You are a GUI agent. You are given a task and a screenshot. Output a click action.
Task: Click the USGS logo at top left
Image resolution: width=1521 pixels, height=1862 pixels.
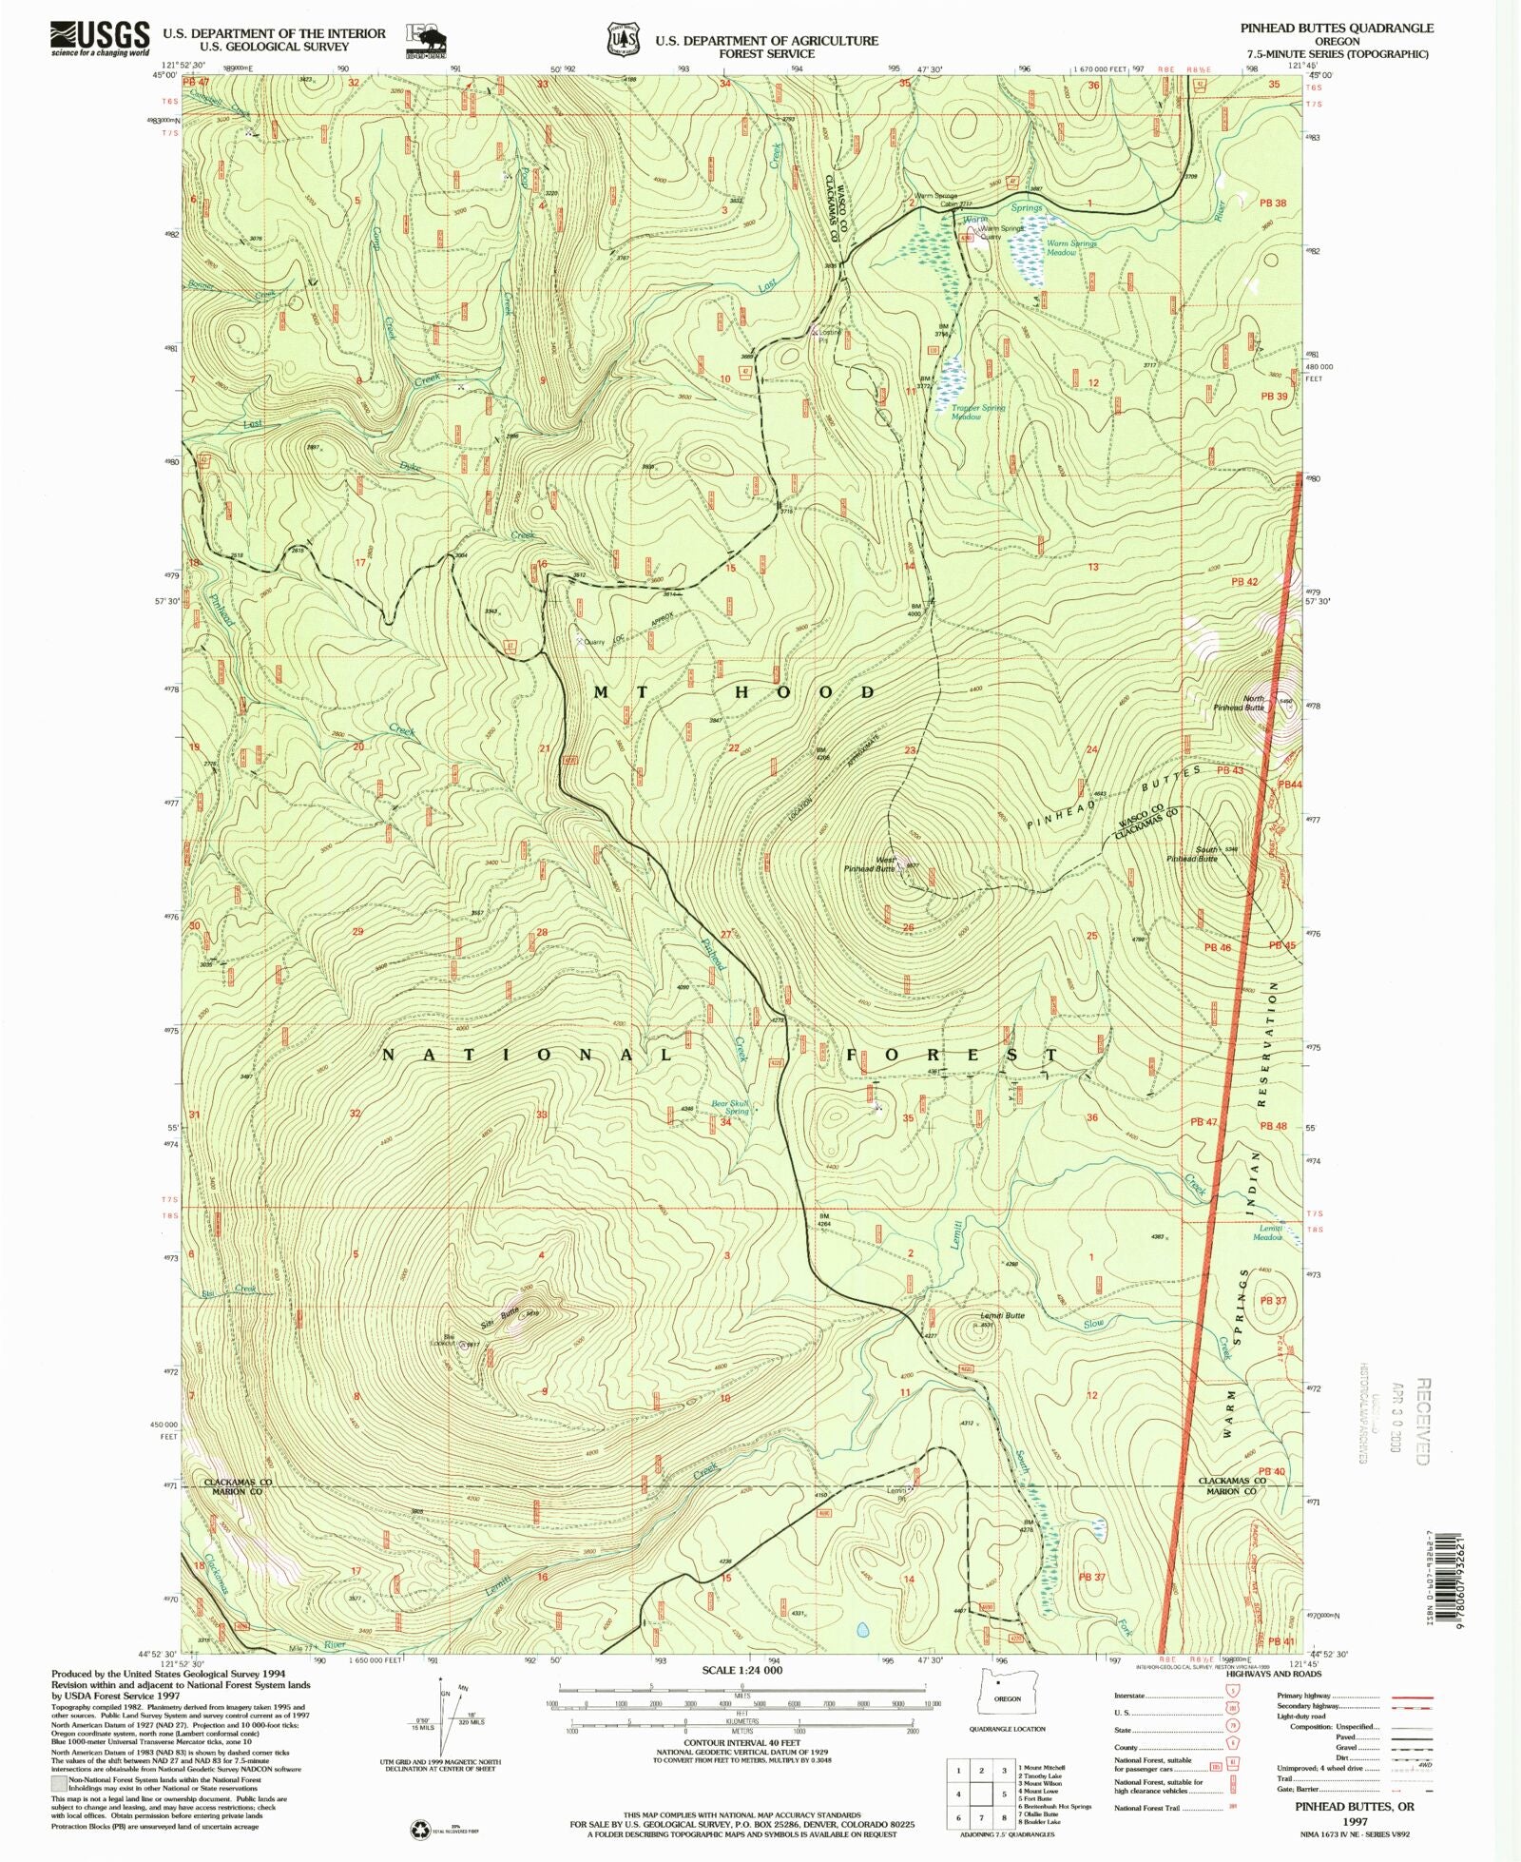(100, 38)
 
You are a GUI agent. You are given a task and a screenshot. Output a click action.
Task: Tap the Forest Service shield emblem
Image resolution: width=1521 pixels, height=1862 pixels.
(624, 39)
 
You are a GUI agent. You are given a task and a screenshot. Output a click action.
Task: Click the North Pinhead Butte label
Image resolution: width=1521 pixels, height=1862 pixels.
(1240, 703)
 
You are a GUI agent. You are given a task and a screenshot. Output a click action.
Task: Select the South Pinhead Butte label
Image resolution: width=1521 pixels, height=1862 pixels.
(1193, 854)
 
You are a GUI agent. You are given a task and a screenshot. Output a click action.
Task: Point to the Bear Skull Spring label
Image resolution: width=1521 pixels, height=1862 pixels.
(731, 1107)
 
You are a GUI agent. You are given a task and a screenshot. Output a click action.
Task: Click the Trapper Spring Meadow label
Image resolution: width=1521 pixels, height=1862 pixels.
(977, 412)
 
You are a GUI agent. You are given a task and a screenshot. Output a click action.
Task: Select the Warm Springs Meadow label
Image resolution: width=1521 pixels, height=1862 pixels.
(1071, 247)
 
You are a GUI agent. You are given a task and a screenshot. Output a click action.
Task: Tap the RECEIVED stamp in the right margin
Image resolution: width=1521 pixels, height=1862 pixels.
(1422, 1422)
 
